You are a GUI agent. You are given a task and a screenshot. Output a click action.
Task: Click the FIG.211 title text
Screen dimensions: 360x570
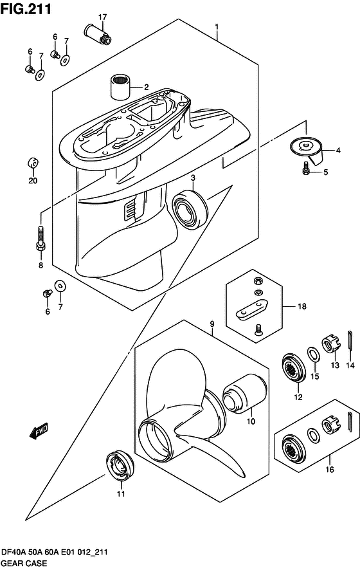pos(26,9)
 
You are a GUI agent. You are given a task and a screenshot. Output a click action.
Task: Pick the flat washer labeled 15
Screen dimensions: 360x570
pos(314,354)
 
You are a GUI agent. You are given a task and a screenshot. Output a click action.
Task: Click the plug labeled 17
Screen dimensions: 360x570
pos(98,33)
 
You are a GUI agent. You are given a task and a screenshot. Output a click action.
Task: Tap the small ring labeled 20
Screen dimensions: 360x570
pos(33,163)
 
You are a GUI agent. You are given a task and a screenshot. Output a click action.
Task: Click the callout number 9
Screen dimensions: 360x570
pos(212,324)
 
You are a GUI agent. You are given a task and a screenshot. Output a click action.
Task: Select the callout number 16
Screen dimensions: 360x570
pos(330,470)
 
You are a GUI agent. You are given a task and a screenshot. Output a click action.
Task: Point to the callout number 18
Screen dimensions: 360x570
pos(302,306)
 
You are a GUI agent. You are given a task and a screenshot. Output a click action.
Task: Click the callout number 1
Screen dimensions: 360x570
pos(217,27)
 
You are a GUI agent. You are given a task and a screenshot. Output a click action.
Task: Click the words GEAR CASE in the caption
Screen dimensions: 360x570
pos(24,563)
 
